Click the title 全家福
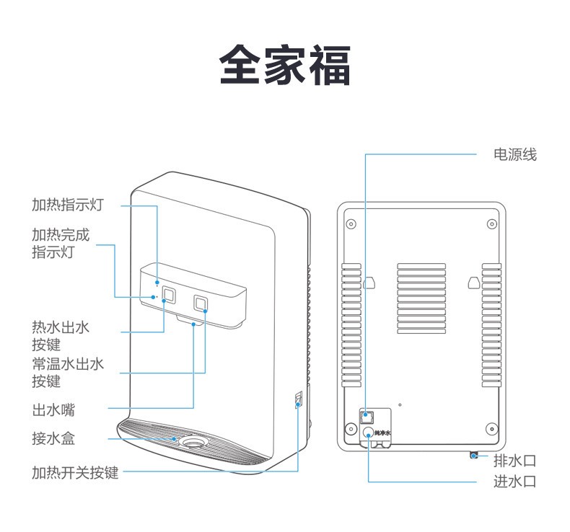click(x=285, y=66)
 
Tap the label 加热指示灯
click(x=68, y=205)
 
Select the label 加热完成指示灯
click(x=61, y=244)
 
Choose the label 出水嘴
click(x=53, y=410)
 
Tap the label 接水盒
click(x=53, y=438)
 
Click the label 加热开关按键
click(x=75, y=473)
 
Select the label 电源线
click(x=514, y=154)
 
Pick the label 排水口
click(x=514, y=461)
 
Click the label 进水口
click(x=514, y=482)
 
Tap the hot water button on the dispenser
click(x=170, y=294)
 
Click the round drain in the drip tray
click(x=193, y=441)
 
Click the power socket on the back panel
click(x=367, y=416)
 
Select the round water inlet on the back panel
click(x=368, y=433)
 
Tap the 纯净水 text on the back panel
click(x=383, y=433)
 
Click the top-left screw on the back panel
click(x=351, y=223)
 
